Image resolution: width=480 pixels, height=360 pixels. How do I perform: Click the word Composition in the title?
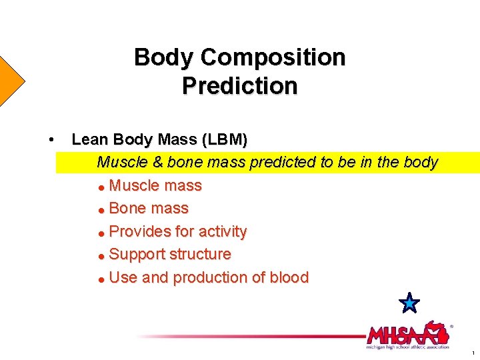(x=273, y=58)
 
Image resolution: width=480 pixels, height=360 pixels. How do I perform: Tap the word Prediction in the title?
(x=239, y=87)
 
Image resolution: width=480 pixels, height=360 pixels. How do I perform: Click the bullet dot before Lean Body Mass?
(x=51, y=139)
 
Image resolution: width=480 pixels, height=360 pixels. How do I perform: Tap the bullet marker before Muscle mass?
(x=101, y=187)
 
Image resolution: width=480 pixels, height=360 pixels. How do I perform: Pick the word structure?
(x=200, y=255)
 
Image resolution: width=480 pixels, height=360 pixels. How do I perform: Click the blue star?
(x=409, y=303)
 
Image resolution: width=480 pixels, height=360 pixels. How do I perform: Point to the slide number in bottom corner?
(x=473, y=353)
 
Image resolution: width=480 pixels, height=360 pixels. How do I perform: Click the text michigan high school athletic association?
(x=407, y=347)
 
